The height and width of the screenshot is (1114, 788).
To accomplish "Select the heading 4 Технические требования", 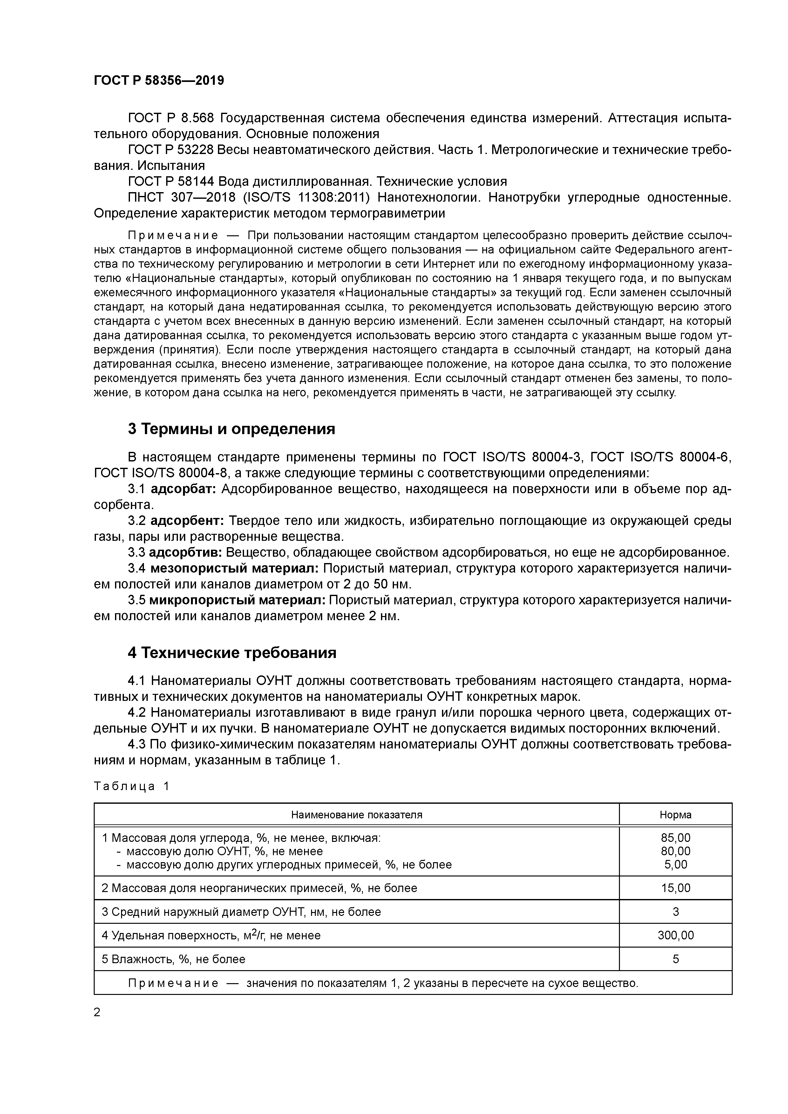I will (x=232, y=653).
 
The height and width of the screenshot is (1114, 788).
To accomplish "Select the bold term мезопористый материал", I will (x=234, y=568).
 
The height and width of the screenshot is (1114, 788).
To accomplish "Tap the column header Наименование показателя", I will (x=357, y=815).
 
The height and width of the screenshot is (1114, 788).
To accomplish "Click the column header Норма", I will (x=675, y=815).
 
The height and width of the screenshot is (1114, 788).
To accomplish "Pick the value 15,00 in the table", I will (x=675, y=888).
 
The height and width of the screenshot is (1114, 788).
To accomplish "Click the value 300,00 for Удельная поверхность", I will (x=675, y=935).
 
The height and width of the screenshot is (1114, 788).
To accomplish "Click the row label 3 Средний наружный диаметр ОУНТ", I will (x=241, y=912).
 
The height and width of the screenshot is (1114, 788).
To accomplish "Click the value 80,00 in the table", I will (x=675, y=851).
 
